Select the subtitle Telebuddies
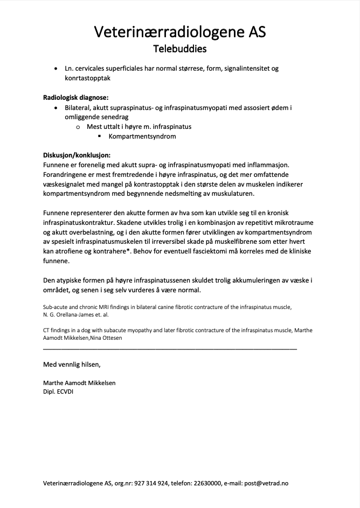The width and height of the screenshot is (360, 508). [179, 49]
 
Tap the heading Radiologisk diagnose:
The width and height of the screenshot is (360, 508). [75, 98]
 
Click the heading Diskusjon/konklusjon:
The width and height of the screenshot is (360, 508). [77, 155]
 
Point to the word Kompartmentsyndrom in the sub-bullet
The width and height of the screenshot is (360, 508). [142, 136]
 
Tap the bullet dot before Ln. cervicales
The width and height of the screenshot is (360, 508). [57, 69]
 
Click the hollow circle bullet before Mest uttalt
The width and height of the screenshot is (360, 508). [78, 127]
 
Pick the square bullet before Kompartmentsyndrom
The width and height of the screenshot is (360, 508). [100, 136]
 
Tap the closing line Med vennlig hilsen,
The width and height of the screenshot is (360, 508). [72, 364]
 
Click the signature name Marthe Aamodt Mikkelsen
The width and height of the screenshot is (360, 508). [79, 383]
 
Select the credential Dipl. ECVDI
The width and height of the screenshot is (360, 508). [58, 392]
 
